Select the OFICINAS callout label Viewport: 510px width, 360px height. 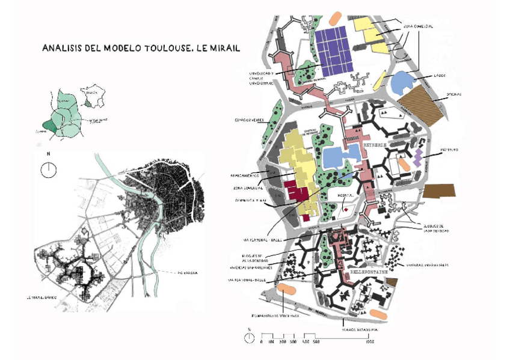(x=453, y=94)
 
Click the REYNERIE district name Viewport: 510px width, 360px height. (x=377, y=145)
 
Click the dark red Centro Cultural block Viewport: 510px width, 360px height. (x=296, y=192)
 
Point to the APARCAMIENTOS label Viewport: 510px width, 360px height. (x=245, y=175)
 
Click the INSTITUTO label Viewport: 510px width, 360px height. (x=450, y=149)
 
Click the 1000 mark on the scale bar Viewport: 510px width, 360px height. (x=370, y=342)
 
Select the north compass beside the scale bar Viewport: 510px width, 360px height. (x=249, y=337)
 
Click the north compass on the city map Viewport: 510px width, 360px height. (x=47, y=169)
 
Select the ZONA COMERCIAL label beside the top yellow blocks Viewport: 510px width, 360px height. (x=418, y=26)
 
